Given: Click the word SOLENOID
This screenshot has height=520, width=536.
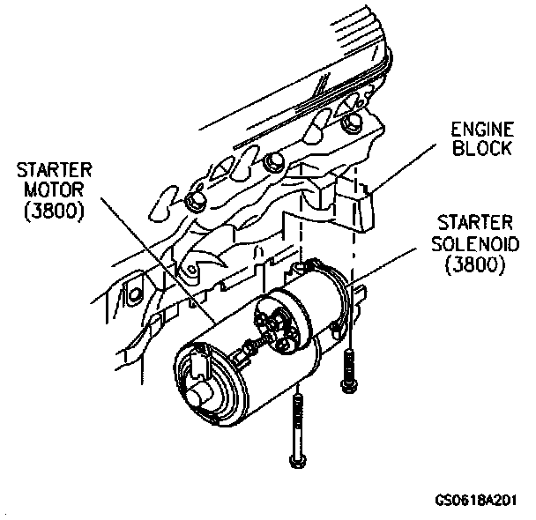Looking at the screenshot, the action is (474, 243).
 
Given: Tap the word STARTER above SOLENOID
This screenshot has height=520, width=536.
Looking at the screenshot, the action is (474, 224).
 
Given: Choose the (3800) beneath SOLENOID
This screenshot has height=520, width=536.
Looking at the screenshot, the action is (474, 264).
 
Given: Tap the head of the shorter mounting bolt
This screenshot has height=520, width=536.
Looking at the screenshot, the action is (346, 385).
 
